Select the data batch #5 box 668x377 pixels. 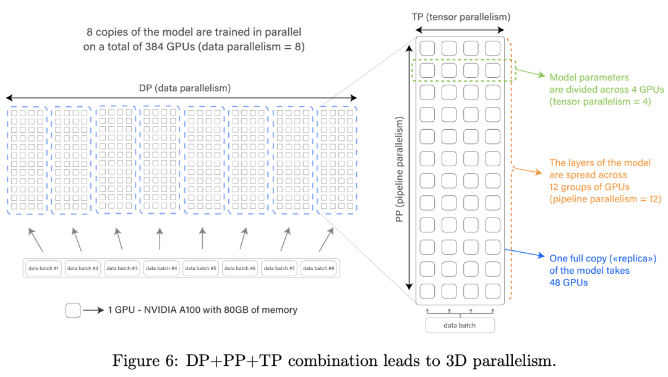[x=202, y=268]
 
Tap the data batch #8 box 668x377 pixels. [x=320, y=268]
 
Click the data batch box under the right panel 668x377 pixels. [x=460, y=325]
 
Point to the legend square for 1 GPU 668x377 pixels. [x=73, y=310]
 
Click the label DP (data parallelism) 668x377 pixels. [x=184, y=88]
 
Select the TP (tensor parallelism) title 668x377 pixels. [x=461, y=17]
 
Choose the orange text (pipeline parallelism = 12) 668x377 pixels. [x=606, y=199]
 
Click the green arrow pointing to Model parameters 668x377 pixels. [x=531, y=74]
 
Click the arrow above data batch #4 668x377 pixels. [x=160, y=239]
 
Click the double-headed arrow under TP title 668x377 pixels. [x=461, y=30]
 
